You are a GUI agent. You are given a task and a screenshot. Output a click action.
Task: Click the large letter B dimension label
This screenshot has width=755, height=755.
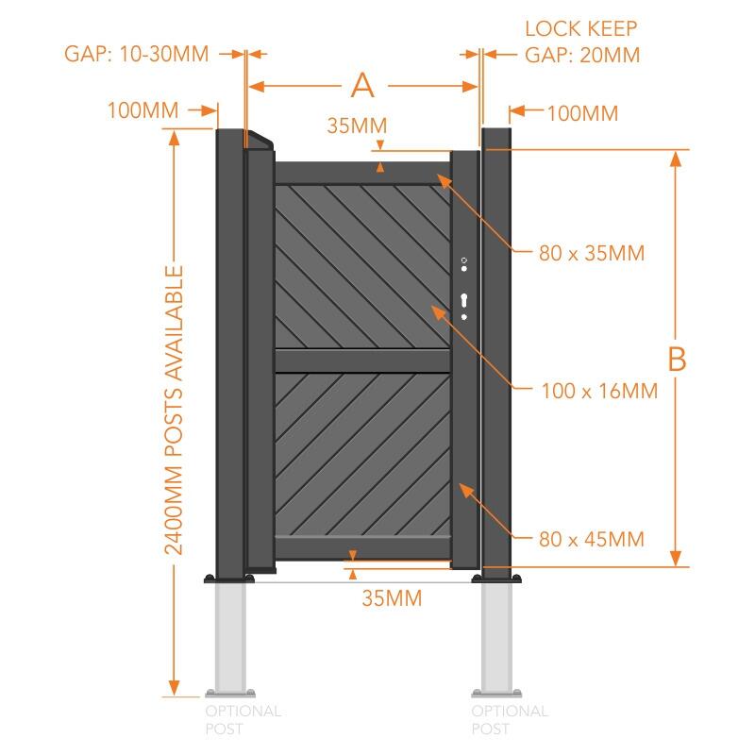676,359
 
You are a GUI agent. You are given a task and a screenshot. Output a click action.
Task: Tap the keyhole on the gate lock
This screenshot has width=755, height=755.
463,301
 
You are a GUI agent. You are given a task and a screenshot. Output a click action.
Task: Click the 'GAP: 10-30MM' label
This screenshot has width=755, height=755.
136,53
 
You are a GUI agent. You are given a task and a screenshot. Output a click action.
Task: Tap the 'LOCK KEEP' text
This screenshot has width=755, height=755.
581,28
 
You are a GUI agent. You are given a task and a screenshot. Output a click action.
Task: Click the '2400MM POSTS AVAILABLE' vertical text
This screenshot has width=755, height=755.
174,410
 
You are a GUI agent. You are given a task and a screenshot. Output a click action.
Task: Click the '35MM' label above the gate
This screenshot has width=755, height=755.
357,125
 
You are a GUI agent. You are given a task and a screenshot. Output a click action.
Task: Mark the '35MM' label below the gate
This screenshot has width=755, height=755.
392,597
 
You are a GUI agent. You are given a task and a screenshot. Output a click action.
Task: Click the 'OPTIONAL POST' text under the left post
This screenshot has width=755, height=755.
243,719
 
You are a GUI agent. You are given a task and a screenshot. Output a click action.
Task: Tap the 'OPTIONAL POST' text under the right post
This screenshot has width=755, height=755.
509,719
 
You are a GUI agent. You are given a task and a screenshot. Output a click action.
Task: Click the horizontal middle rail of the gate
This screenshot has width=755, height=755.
361,361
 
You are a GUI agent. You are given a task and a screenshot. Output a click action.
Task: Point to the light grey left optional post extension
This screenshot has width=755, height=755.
232,637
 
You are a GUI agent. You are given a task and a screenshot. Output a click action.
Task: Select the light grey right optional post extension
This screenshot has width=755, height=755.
497,637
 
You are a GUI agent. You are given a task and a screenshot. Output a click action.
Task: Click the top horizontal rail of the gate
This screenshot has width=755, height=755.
361,172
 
